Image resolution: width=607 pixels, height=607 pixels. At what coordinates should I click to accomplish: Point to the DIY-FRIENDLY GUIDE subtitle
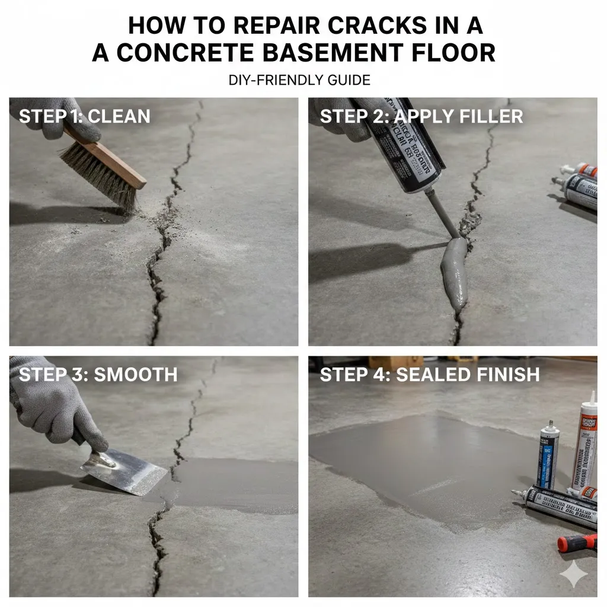click(x=299, y=79)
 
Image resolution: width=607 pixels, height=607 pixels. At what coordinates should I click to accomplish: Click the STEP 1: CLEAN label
click(x=84, y=116)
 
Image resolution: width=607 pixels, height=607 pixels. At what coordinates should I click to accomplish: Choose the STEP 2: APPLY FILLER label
click(x=421, y=116)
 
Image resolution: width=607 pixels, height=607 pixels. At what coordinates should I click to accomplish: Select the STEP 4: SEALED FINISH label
click(x=430, y=375)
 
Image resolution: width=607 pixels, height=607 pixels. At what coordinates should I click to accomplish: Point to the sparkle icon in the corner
click(x=574, y=574)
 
